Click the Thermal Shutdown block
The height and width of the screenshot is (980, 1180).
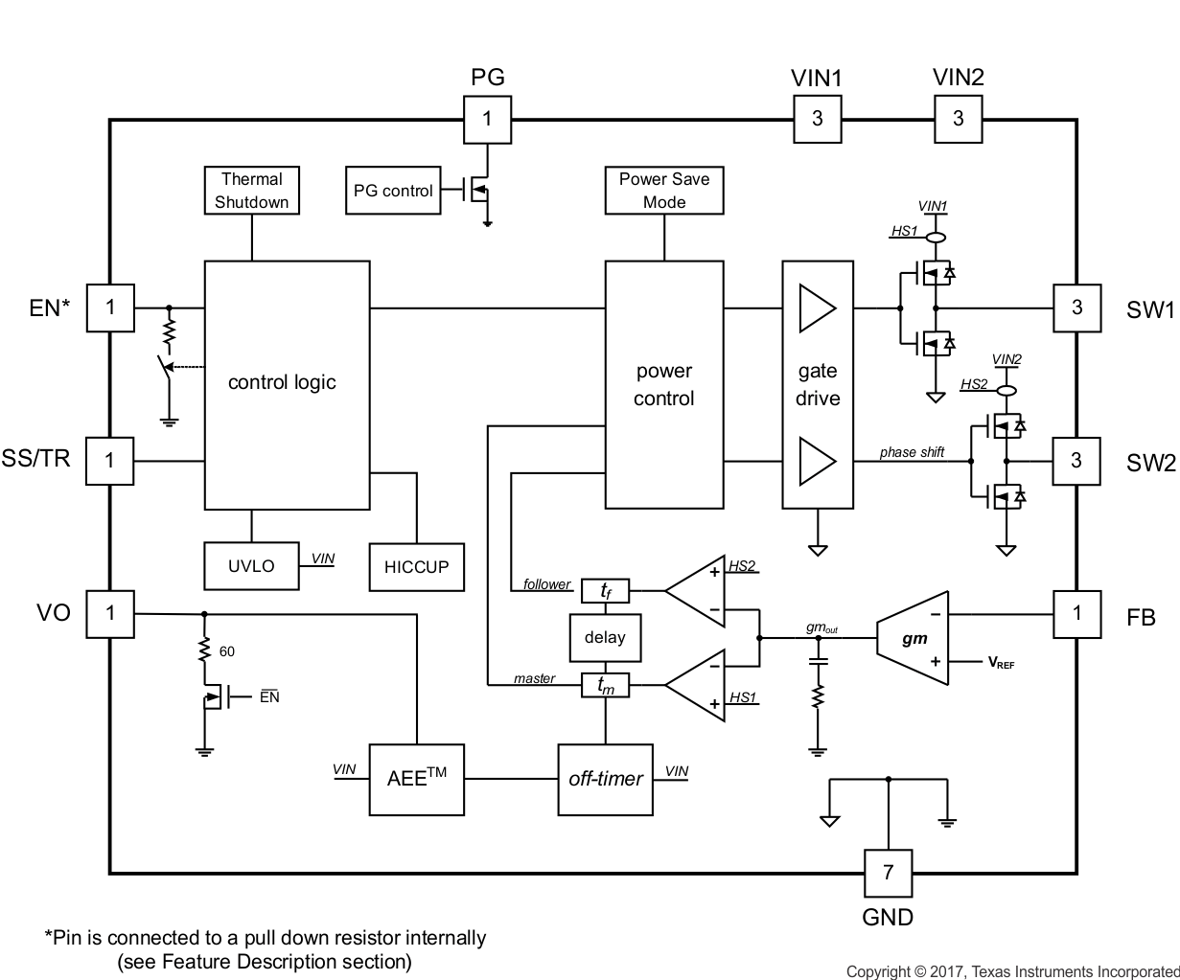coord(252,191)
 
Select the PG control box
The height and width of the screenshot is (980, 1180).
coord(393,191)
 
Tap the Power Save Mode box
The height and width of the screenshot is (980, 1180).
coord(664,191)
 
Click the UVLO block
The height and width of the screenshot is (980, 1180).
coord(251,566)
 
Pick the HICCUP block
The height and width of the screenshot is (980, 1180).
coord(416,567)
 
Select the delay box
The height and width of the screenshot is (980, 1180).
coord(605,637)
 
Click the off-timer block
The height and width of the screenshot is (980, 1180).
coord(605,779)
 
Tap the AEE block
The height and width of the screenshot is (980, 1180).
coord(416,779)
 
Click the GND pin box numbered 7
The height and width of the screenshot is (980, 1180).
coord(888,872)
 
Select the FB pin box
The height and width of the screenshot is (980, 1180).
coord(1076,613)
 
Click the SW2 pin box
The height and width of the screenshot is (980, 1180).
coord(1076,461)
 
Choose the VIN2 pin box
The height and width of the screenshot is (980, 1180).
coord(958,119)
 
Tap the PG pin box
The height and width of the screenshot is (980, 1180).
coord(487,119)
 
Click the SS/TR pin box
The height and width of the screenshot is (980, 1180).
coord(110,461)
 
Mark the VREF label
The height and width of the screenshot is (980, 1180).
coord(1001,663)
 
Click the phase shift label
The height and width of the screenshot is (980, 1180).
coord(912,452)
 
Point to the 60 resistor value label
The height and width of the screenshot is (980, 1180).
coord(227,651)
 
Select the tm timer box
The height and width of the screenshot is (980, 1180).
coord(606,685)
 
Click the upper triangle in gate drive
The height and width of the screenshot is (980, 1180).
coord(817,308)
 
